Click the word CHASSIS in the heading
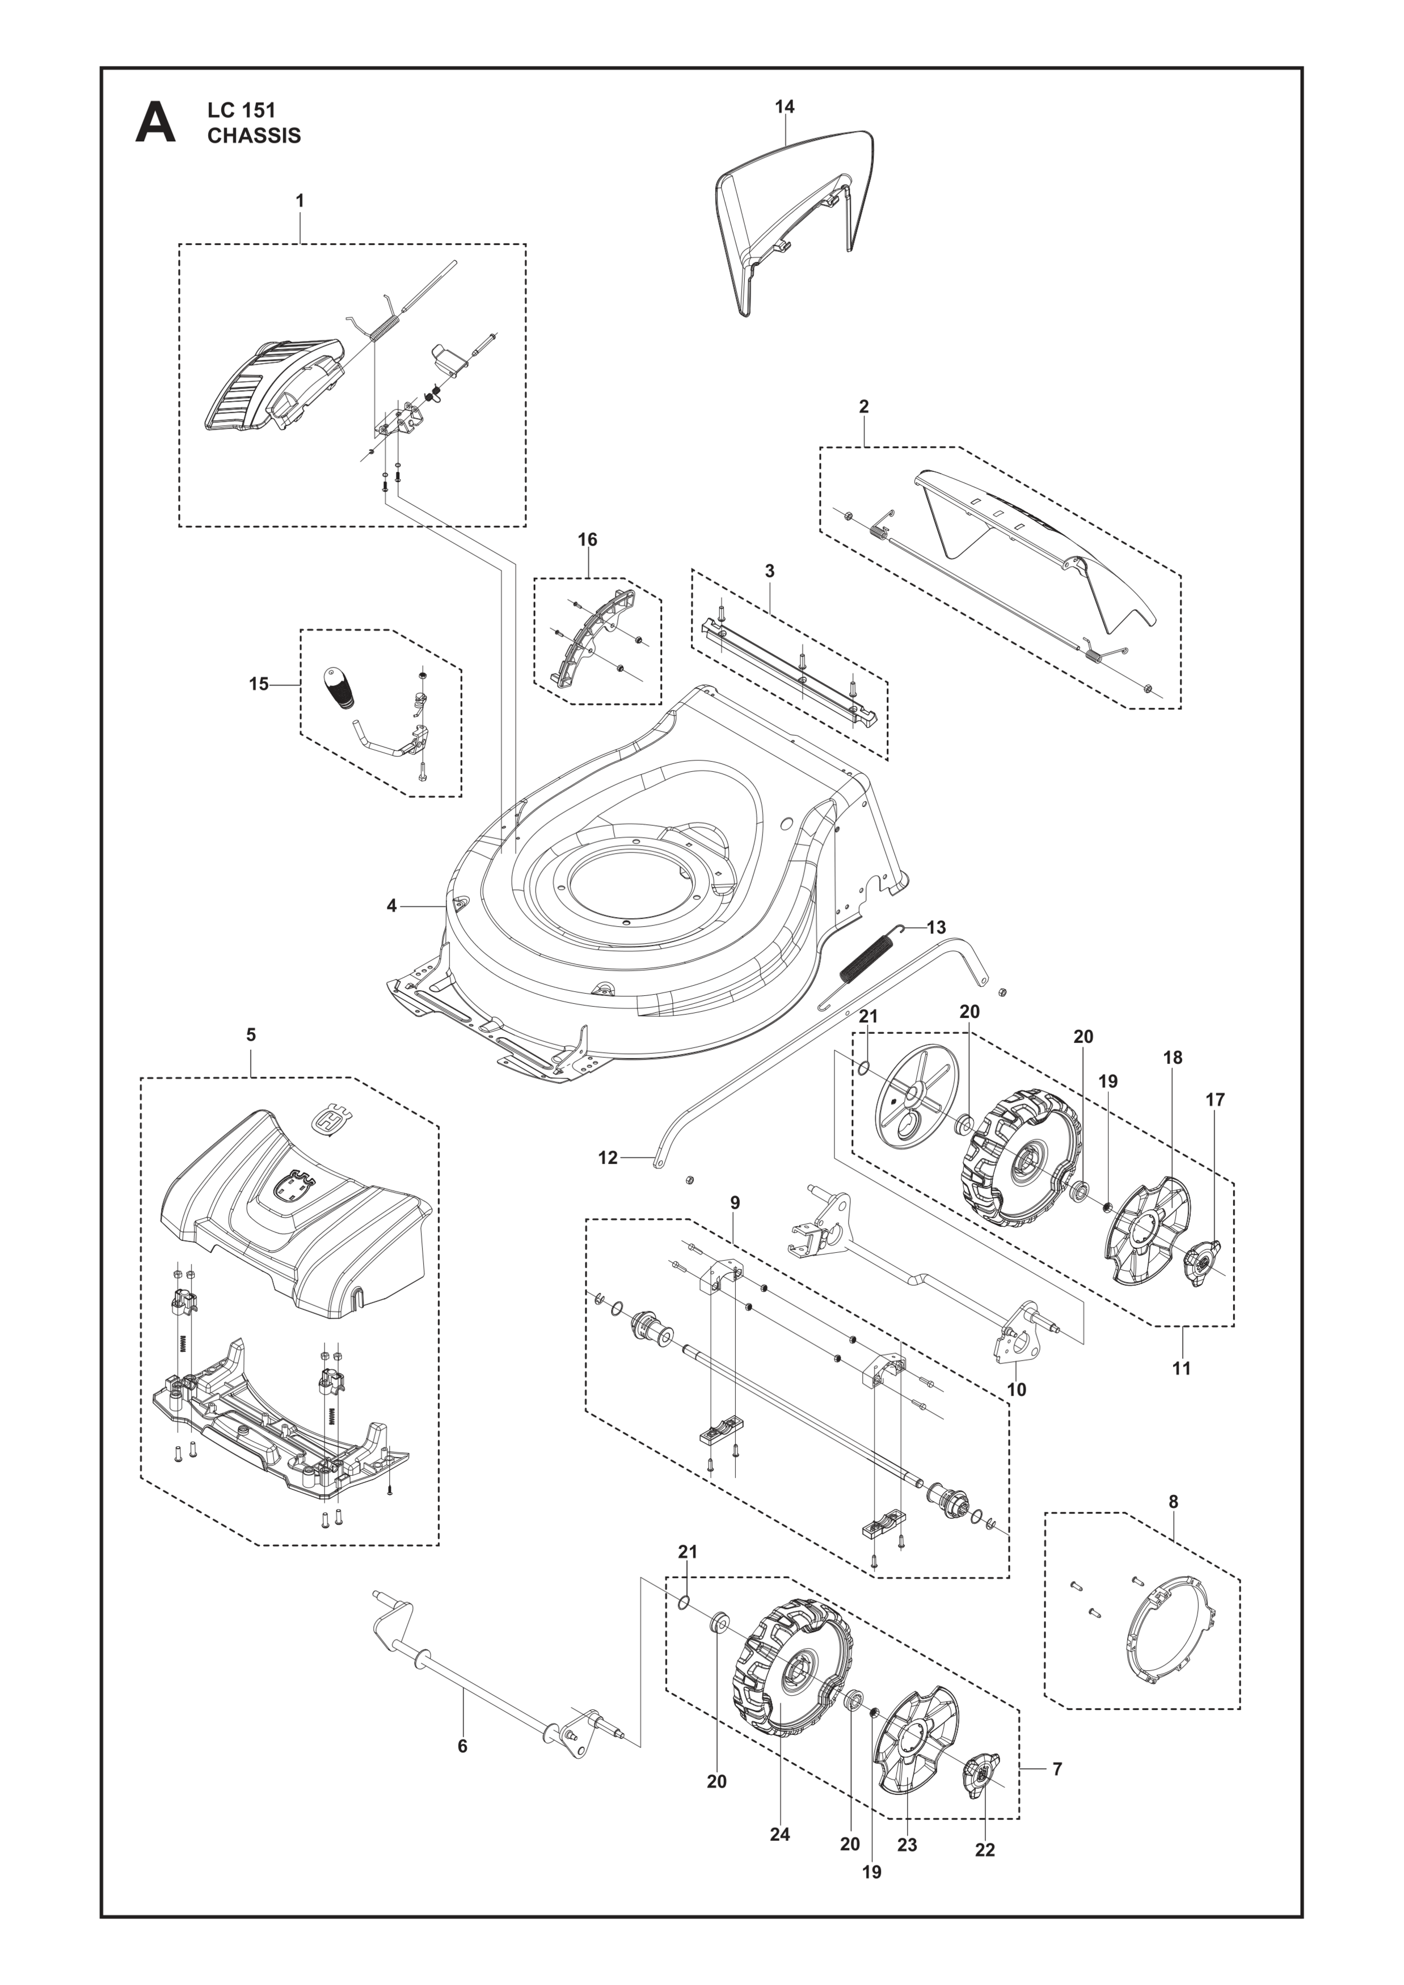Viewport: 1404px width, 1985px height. click(x=254, y=136)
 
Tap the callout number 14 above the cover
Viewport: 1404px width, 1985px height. click(x=784, y=107)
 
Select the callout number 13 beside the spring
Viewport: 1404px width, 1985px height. click(x=937, y=928)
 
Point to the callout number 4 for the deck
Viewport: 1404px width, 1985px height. click(x=391, y=906)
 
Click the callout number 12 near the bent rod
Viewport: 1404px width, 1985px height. click(x=608, y=1157)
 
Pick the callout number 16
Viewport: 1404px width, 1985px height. click(x=587, y=539)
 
